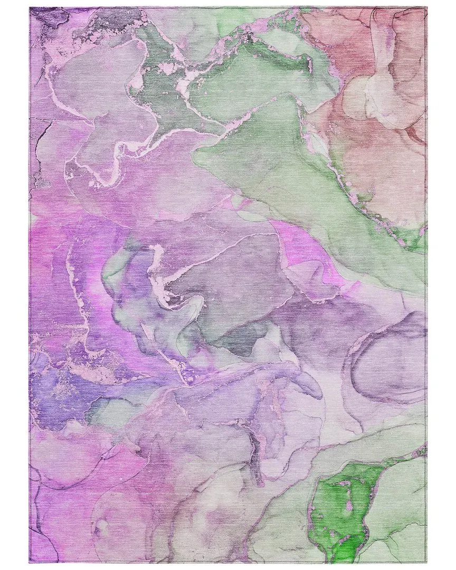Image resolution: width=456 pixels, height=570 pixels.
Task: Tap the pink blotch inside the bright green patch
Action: coord(348,506)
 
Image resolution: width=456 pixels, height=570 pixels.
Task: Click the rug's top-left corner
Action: coord(30,8)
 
